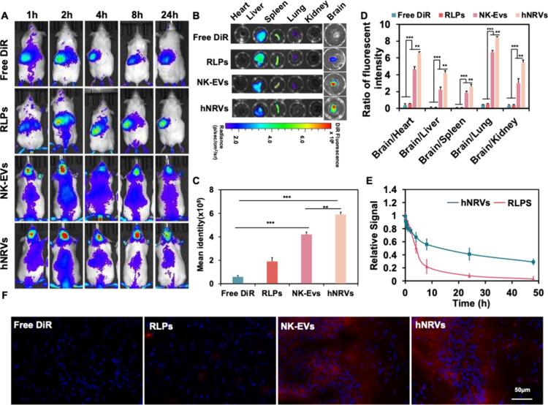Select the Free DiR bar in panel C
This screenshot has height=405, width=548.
[x=237, y=278]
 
